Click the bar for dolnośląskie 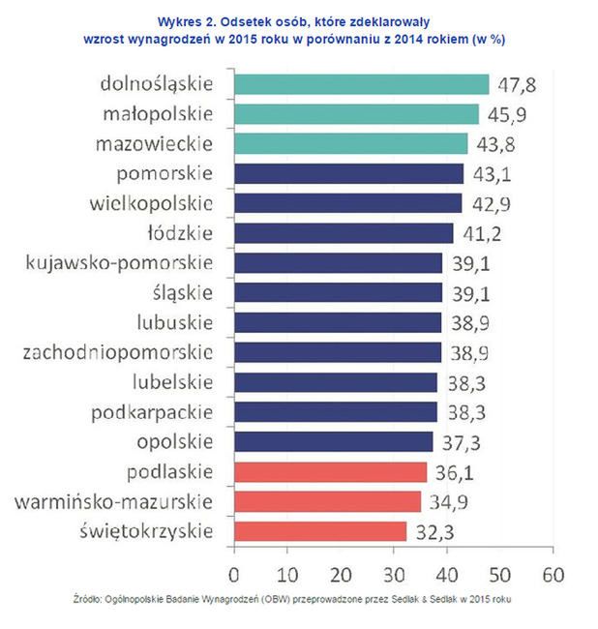pos(360,83)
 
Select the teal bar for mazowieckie pos(349,143)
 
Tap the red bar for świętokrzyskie pos(319,531)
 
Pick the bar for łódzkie pos(343,233)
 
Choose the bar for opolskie pos(333,442)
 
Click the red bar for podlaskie pos(329,472)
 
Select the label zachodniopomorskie pos(117,352)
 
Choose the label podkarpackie pos(151,412)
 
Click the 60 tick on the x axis pos(552,571)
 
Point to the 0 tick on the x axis pos(233,571)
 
